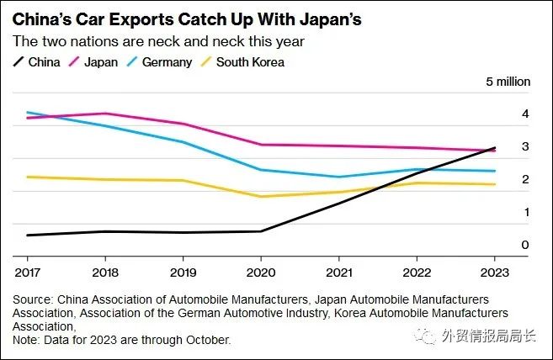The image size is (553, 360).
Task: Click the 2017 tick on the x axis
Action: click(x=27, y=272)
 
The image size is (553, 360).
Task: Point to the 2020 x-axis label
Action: click(x=260, y=272)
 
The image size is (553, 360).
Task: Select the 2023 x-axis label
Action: click(x=494, y=272)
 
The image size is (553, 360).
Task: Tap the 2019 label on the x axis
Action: click(x=183, y=272)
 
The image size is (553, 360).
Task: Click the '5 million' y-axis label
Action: click(x=508, y=82)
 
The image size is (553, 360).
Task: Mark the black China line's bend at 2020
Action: click(x=260, y=231)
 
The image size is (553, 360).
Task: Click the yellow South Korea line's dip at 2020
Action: click(x=260, y=197)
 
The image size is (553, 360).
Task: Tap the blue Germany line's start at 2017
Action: click(x=27, y=112)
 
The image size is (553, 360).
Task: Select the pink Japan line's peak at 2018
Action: click(x=104, y=114)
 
